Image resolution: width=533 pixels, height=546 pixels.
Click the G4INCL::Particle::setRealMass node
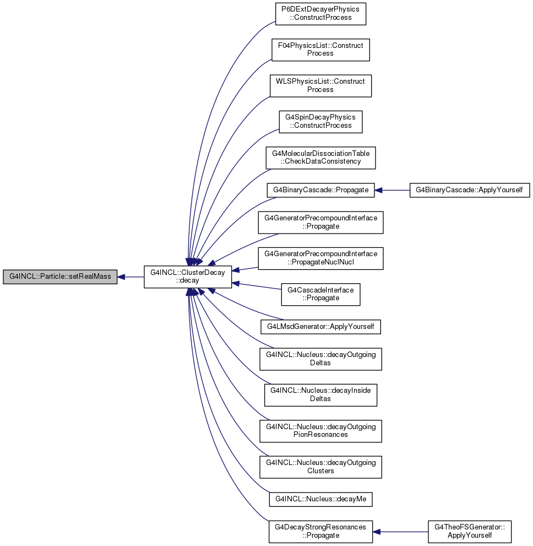tap(60, 277)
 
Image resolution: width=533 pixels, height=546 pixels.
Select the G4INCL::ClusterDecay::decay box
tap(188, 277)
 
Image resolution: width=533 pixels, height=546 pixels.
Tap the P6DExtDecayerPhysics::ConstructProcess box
tap(320, 14)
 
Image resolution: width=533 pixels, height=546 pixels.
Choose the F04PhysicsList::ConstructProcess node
tap(320, 50)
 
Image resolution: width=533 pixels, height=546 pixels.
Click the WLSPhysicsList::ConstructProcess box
tap(320, 85)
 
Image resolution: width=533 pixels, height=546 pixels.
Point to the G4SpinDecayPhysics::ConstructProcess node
tap(320, 122)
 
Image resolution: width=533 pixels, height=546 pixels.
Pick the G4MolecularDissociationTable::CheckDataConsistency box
tap(320, 158)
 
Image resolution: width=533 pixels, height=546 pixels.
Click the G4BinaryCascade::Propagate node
tap(320, 190)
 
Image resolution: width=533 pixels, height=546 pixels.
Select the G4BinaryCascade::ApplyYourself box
tap(469, 190)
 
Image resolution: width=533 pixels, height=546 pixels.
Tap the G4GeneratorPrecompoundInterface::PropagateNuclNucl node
tap(320, 258)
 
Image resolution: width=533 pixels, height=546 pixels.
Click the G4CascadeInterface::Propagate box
tap(320, 295)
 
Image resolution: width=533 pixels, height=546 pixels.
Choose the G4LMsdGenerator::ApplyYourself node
tap(320, 327)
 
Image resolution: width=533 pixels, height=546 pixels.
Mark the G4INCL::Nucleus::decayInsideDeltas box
tap(320, 395)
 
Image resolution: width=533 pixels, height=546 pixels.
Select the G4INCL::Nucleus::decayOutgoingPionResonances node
tap(320, 431)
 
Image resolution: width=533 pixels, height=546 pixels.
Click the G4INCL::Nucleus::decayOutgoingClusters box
tap(320, 467)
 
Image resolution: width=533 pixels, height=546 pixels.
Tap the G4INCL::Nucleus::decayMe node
tap(320, 499)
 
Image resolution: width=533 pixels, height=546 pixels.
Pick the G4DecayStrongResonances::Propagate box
tap(320, 532)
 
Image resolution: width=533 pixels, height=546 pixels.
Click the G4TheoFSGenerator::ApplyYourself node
tap(469, 532)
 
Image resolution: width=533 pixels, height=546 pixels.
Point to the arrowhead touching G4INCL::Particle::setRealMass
tap(121, 277)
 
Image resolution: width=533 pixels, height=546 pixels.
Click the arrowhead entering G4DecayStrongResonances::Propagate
tap(377, 532)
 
